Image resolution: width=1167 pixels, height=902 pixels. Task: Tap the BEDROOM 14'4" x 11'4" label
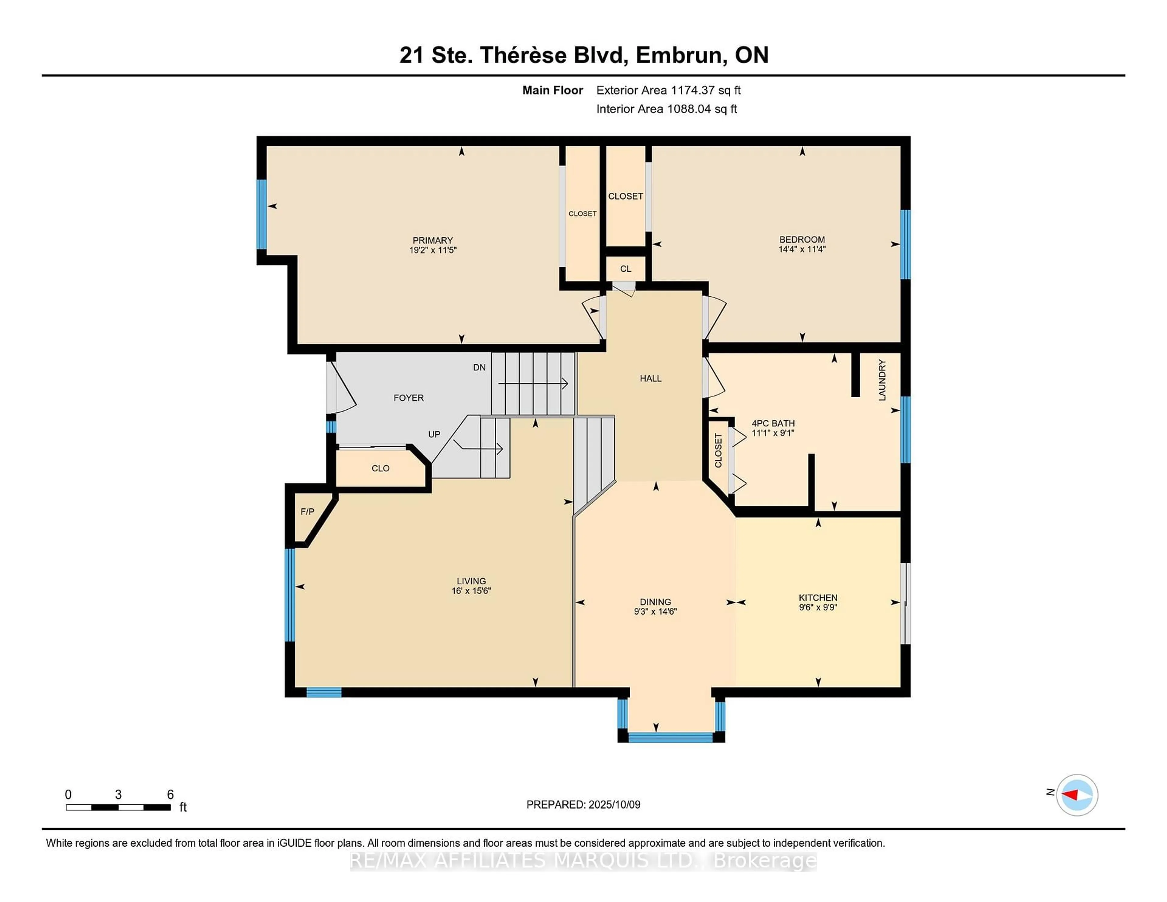point(802,244)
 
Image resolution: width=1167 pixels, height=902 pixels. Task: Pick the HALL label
point(651,378)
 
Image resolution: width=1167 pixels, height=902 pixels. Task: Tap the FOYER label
point(409,398)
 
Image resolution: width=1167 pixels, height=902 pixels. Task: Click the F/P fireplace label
point(307,511)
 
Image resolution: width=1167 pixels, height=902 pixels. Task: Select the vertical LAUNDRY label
point(882,380)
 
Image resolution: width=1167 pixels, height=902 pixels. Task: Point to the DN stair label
point(479,367)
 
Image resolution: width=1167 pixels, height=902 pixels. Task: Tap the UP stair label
point(434,434)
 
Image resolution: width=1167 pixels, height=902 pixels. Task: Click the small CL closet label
point(626,269)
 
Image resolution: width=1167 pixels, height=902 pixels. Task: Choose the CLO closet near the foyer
point(380,468)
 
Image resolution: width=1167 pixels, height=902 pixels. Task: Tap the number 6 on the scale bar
point(170,795)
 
